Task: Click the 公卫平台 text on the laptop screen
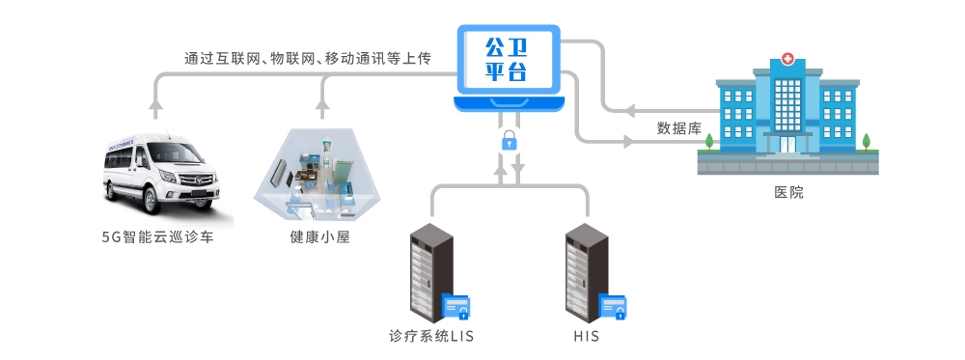[508, 58]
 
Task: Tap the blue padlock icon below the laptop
[509, 141]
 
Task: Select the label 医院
[788, 192]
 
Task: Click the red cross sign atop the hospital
[788, 60]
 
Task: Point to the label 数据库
[678, 127]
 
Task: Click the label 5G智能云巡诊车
[157, 236]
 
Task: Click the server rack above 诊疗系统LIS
[430, 272]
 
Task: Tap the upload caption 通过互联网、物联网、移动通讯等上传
[307, 59]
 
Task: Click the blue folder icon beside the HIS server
[613, 307]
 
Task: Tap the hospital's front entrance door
[788, 144]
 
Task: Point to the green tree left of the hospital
[708, 142]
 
